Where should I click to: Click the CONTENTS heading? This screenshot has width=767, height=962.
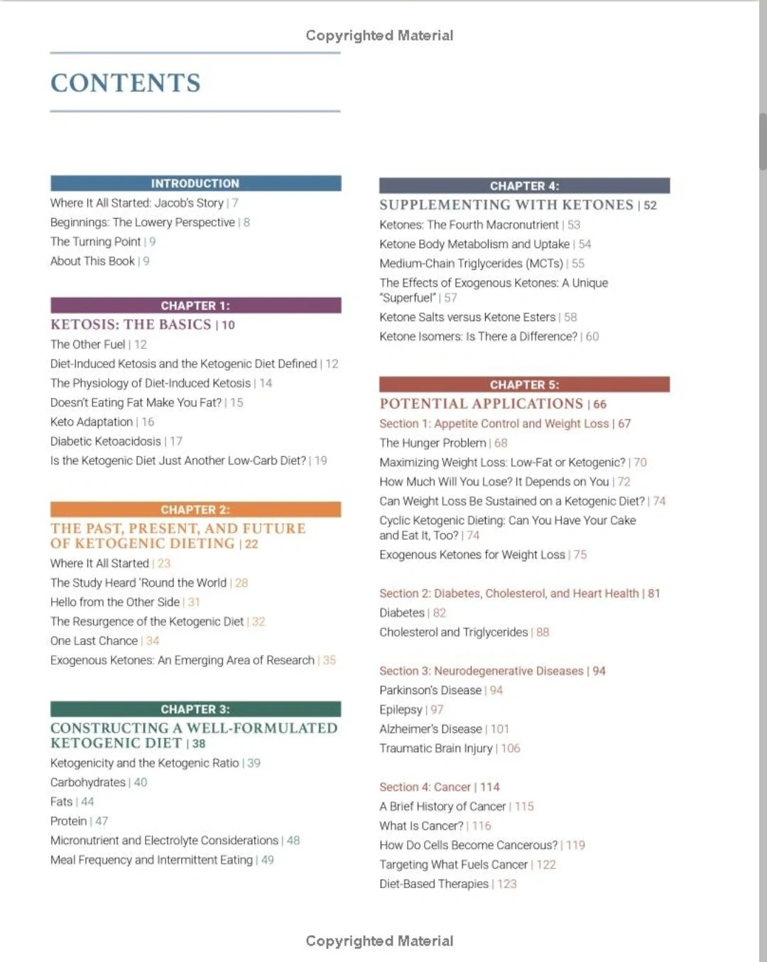pyautogui.click(x=126, y=83)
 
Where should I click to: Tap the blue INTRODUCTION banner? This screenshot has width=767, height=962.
pyautogui.click(x=195, y=183)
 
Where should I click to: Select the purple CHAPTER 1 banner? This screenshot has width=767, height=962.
pyautogui.click(x=195, y=306)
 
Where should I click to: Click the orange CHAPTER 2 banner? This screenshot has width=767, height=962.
pyautogui.click(x=195, y=509)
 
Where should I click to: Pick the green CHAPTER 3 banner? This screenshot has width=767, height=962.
pyautogui.click(x=195, y=709)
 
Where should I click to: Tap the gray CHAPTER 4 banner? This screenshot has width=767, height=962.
pyautogui.click(x=524, y=186)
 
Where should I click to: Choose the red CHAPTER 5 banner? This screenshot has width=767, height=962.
pyautogui.click(x=524, y=385)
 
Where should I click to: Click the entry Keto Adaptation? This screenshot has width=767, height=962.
pyautogui.click(x=92, y=422)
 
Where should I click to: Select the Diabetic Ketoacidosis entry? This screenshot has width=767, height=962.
pyautogui.click(x=106, y=441)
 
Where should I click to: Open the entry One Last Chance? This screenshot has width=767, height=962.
pyautogui.click(x=94, y=641)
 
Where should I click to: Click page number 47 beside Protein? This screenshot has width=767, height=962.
pyautogui.click(x=102, y=821)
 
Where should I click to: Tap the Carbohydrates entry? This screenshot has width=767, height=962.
pyautogui.click(x=88, y=782)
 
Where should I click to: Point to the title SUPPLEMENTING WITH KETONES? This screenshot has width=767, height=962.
pyautogui.click(x=506, y=205)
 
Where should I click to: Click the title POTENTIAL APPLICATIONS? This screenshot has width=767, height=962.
pyautogui.click(x=481, y=404)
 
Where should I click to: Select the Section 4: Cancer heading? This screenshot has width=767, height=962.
pyautogui.click(x=425, y=787)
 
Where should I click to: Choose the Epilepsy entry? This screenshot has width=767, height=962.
pyautogui.click(x=401, y=710)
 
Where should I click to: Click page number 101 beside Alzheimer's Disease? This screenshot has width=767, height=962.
pyautogui.click(x=500, y=729)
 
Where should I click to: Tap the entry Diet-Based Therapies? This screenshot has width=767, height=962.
pyautogui.click(x=434, y=884)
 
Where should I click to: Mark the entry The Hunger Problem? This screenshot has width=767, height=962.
pyautogui.click(x=433, y=443)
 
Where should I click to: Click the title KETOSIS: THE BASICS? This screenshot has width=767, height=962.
pyautogui.click(x=131, y=325)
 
